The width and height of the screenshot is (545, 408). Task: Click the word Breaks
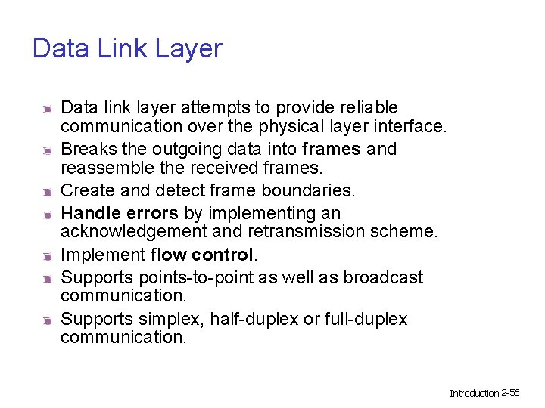click(x=85, y=149)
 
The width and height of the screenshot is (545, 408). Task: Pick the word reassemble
click(x=105, y=167)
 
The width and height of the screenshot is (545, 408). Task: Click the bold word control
click(x=223, y=255)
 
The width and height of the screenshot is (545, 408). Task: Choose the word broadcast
click(x=383, y=278)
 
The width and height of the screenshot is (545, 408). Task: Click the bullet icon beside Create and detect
click(x=47, y=191)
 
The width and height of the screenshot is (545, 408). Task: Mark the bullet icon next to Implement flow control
click(x=47, y=255)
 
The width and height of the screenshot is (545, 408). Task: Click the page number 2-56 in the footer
click(x=510, y=393)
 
